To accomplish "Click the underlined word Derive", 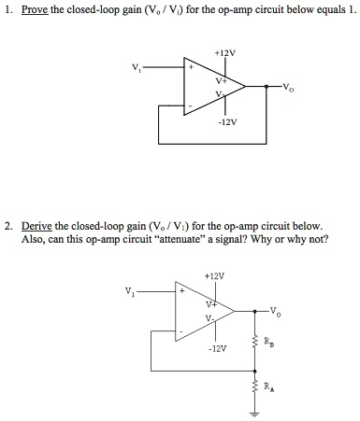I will click(38, 227).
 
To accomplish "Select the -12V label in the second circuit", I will click(217, 347).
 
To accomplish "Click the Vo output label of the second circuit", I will click(274, 311).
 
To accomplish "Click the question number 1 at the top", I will click(7, 12).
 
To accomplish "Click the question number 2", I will click(7, 227).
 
